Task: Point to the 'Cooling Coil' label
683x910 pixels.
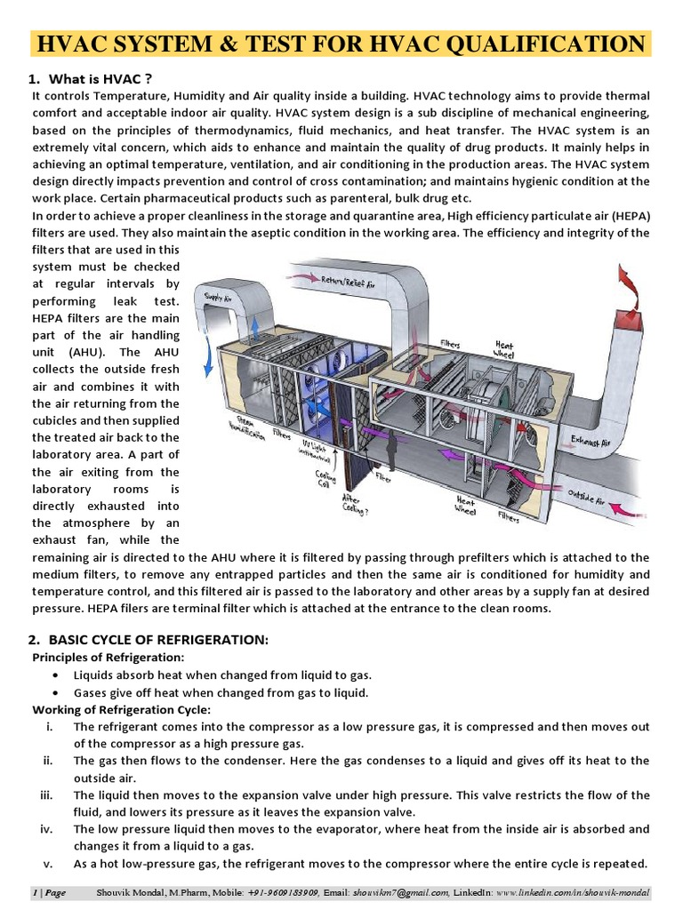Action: (x=325, y=481)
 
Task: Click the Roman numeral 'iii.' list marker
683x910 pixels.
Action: (x=50, y=795)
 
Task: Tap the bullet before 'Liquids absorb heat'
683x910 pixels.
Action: (x=56, y=675)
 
